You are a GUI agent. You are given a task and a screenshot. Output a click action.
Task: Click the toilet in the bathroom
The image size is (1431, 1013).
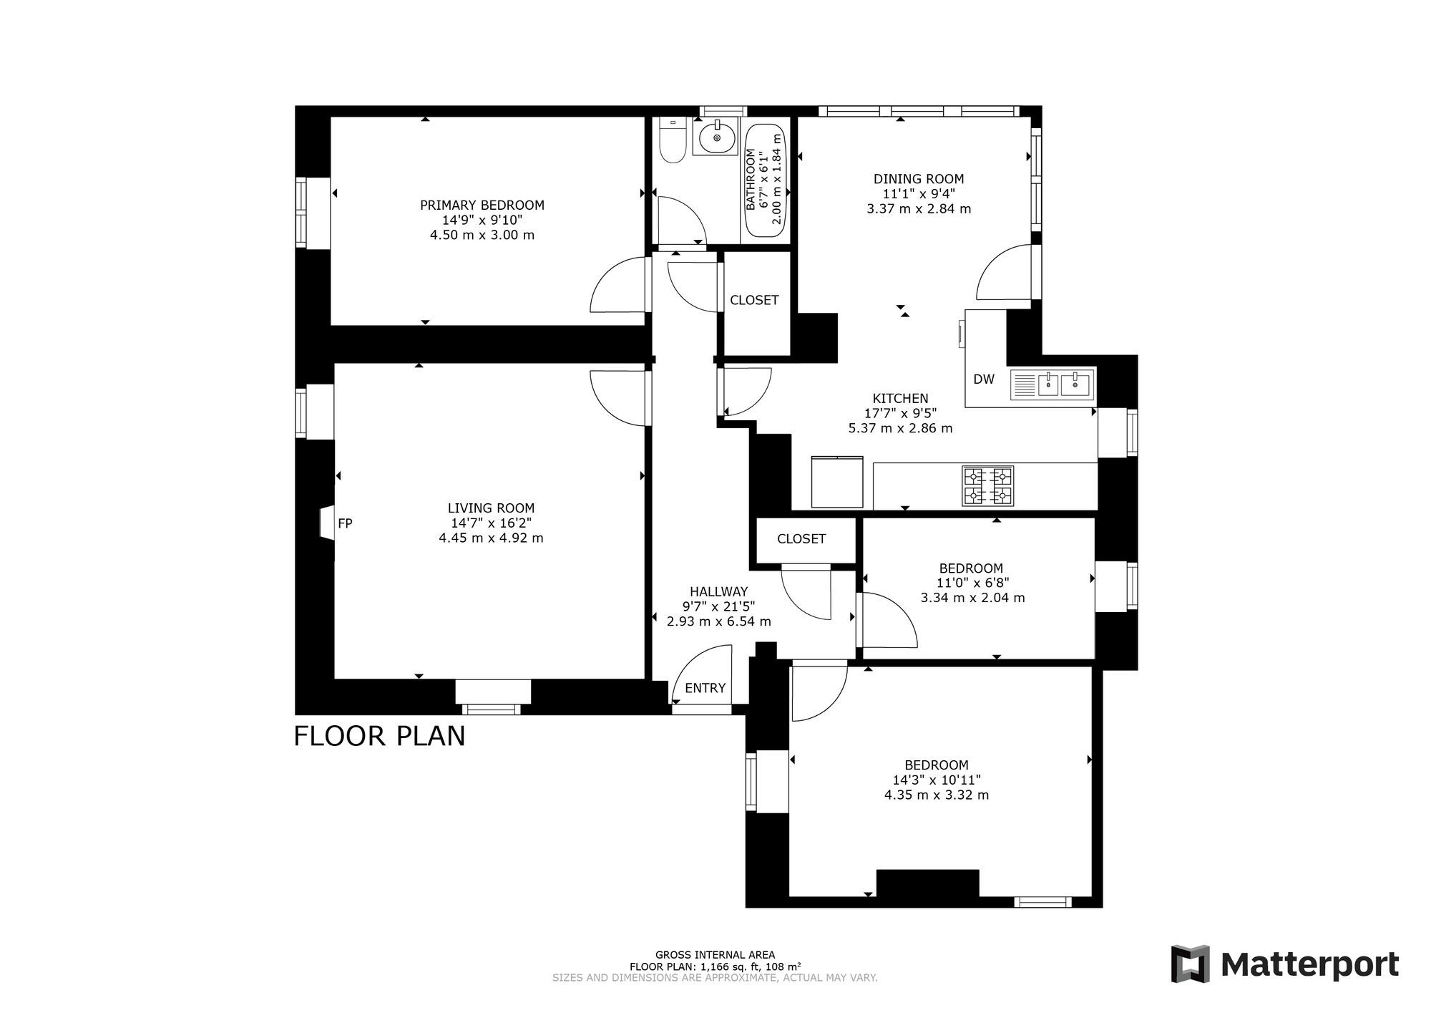pyautogui.click(x=672, y=139)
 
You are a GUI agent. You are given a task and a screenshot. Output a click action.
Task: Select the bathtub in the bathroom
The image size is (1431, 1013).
pyautogui.click(x=766, y=181)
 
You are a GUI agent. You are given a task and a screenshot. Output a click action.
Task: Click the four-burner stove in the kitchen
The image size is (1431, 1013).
pyautogui.click(x=988, y=486)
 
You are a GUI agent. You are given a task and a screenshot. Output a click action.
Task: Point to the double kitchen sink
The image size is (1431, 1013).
pyautogui.click(x=1052, y=385)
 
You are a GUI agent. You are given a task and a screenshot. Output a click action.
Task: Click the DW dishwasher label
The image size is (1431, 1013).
pyautogui.click(x=984, y=379)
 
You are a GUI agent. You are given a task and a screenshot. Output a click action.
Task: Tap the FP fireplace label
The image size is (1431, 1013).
pyautogui.click(x=345, y=523)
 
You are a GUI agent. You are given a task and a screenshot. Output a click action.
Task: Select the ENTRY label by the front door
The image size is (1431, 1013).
pyautogui.click(x=705, y=688)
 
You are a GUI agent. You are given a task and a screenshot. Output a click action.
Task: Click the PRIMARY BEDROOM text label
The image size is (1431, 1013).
pyautogui.click(x=482, y=205)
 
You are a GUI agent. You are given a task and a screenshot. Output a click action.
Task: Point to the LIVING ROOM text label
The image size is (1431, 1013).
pyautogui.click(x=491, y=508)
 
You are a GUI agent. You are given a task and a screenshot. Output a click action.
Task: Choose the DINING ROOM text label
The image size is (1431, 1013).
pyautogui.click(x=919, y=179)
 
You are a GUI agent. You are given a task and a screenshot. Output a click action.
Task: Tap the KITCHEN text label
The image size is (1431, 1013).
pyautogui.click(x=900, y=398)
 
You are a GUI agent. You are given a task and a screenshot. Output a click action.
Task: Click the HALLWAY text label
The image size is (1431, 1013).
pyautogui.click(x=718, y=591)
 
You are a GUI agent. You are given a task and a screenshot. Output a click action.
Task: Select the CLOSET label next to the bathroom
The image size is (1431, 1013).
pyautogui.click(x=754, y=300)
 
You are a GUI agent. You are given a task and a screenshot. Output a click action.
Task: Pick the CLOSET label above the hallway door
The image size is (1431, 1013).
pyautogui.click(x=801, y=538)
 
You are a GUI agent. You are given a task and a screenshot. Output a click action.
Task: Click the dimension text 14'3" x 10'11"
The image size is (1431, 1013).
pyautogui.click(x=937, y=780)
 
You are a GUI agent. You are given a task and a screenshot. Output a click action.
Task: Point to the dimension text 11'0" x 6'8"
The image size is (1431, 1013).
pyautogui.click(x=972, y=583)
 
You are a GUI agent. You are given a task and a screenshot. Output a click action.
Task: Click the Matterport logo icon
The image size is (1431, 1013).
pyautogui.click(x=1190, y=964)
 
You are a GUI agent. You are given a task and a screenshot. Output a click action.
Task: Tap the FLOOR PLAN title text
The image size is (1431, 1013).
pyautogui.click(x=379, y=736)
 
